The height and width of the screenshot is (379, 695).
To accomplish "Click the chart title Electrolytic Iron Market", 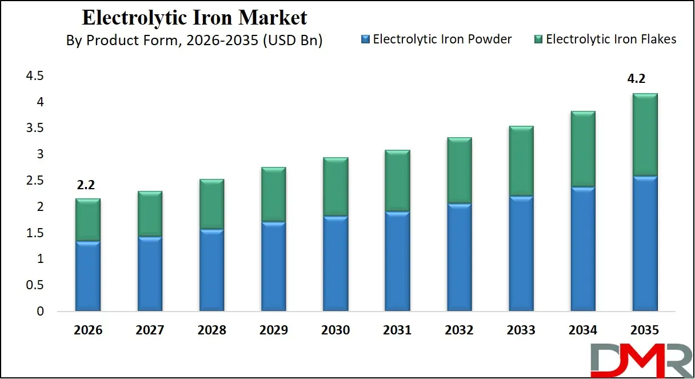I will pyautogui.click(x=194, y=17).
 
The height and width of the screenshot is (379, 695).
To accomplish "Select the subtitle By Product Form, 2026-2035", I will pyautogui.click(x=194, y=41).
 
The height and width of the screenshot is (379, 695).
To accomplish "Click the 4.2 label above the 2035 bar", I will pyautogui.click(x=636, y=79).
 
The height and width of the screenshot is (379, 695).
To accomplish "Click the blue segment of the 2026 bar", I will pyautogui.click(x=87, y=276).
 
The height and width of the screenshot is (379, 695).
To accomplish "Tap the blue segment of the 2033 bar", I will pyautogui.click(x=521, y=254).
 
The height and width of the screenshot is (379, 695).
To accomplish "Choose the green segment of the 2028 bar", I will pyautogui.click(x=211, y=204).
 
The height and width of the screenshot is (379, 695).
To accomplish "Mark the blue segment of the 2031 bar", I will pyautogui.click(x=397, y=261).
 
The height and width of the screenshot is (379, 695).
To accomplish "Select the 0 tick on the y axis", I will pyautogui.click(x=39, y=312).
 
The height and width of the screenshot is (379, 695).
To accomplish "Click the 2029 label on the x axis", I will pyautogui.click(x=273, y=330).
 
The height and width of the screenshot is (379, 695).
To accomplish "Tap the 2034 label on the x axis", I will pyautogui.click(x=582, y=330).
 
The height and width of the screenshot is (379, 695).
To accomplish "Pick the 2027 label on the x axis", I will pyautogui.click(x=150, y=330).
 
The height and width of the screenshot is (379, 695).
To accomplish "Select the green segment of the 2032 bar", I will pyautogui.click(x=459, y=170).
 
